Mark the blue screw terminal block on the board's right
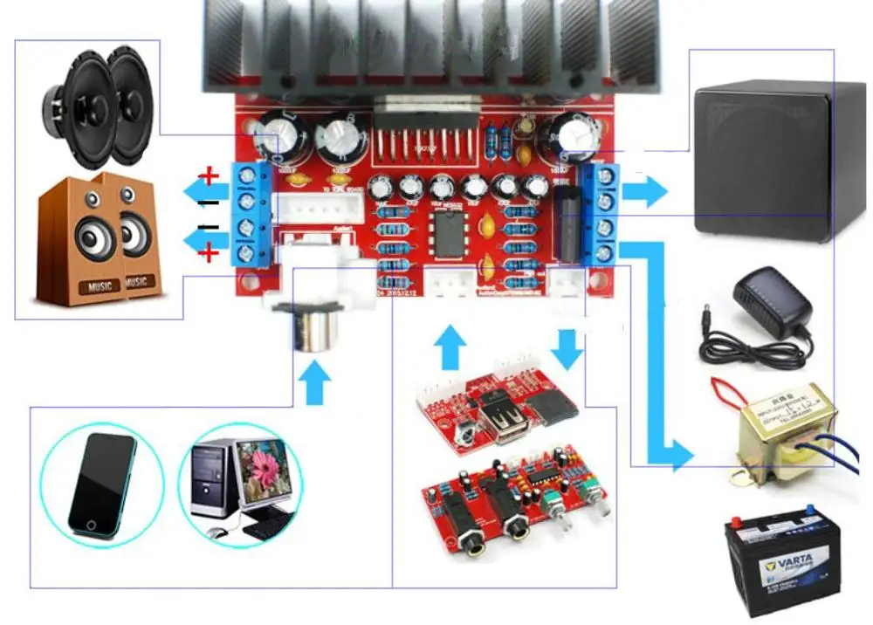[605, 214]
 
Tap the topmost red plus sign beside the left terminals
[210, 175]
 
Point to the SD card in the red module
[560, 402]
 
